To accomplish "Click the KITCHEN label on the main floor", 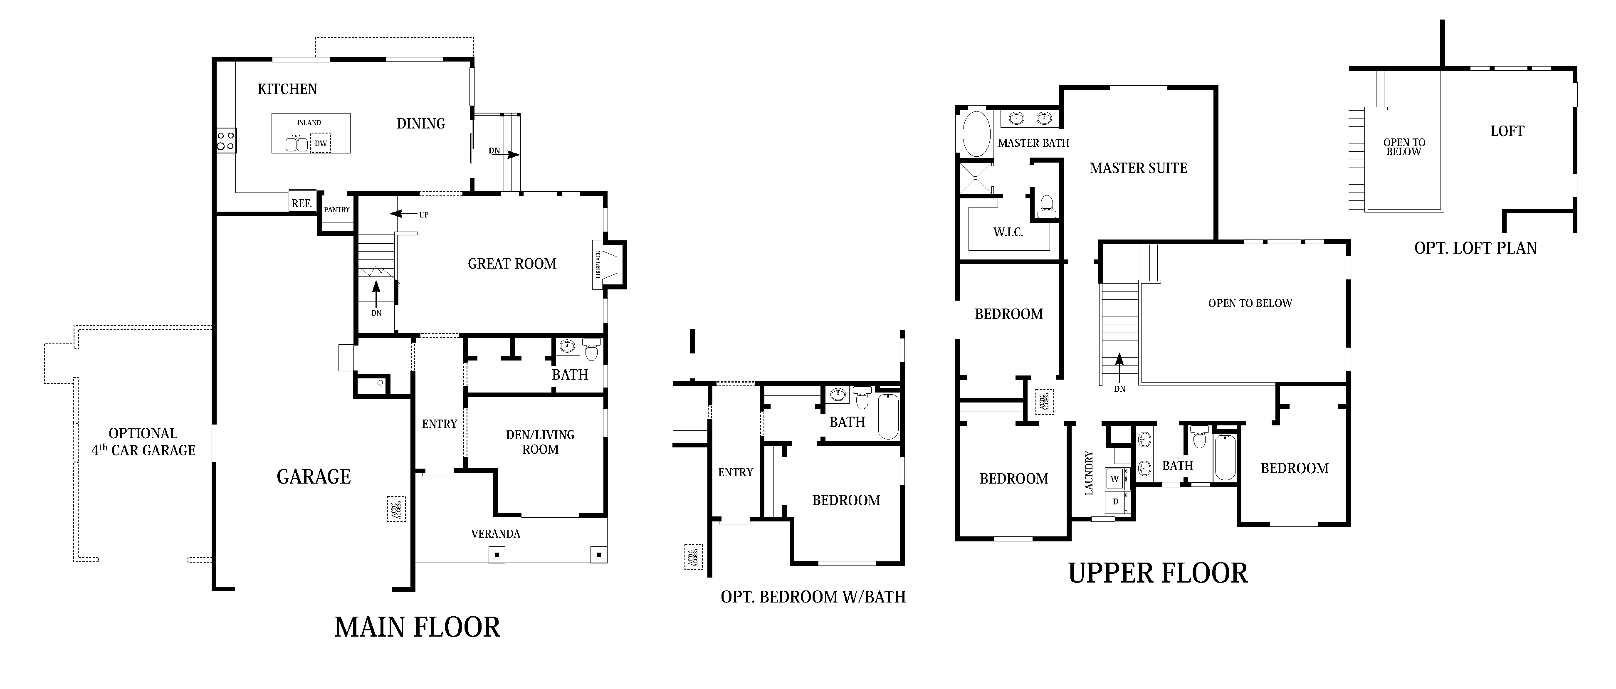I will click(287, 89).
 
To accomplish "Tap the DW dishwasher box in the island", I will click(321, 143).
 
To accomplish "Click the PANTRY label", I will click(337, 210).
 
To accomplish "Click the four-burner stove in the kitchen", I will click(226, 141).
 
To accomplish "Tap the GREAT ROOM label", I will click(512, 264).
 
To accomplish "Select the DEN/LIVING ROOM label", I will click(540, 442).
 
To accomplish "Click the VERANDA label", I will click(496, 534).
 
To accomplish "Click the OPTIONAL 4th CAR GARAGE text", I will click(143, 442).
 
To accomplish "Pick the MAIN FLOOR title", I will click(417, 627).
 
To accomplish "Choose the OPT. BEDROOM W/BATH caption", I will click(813, 597).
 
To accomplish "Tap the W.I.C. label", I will click(1008, 232).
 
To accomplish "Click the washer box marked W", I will click(1115, 479).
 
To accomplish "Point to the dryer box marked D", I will click(1115, 501).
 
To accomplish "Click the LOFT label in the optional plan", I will click(1507, 131).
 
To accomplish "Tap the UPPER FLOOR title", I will click(1157, 573).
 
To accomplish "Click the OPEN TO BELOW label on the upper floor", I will click(1250, 303).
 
